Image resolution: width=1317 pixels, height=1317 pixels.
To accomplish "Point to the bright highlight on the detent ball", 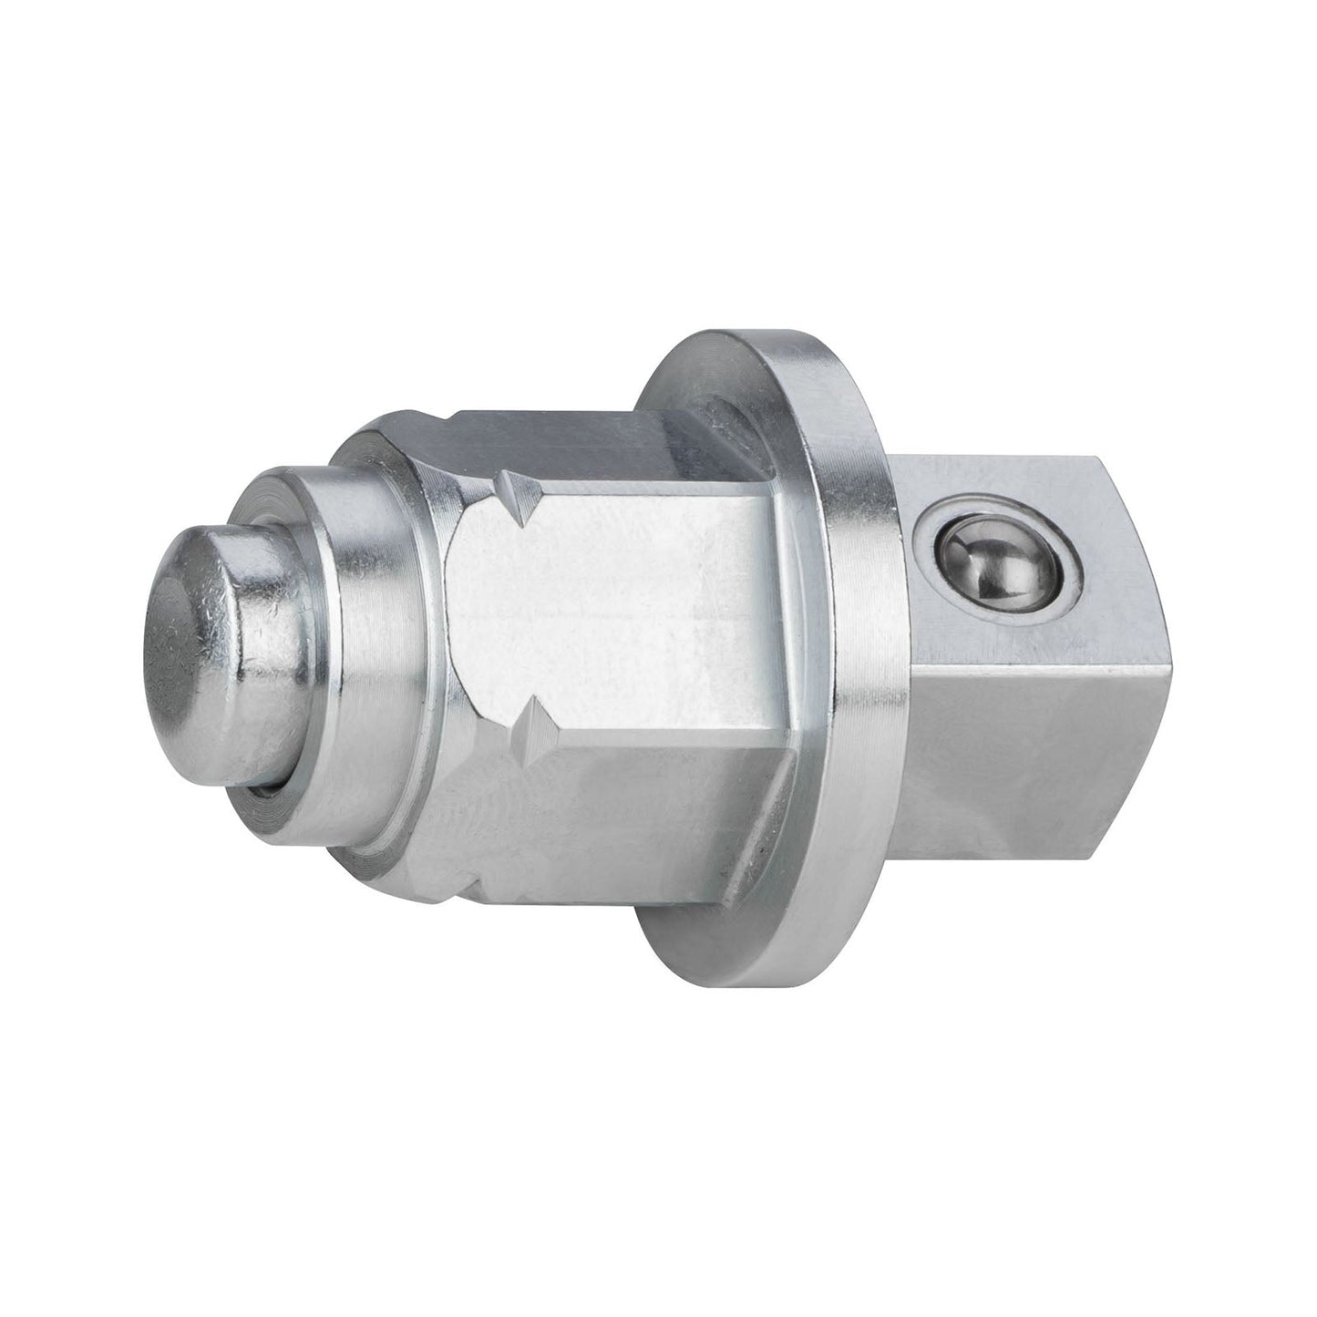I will pos(993,551).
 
